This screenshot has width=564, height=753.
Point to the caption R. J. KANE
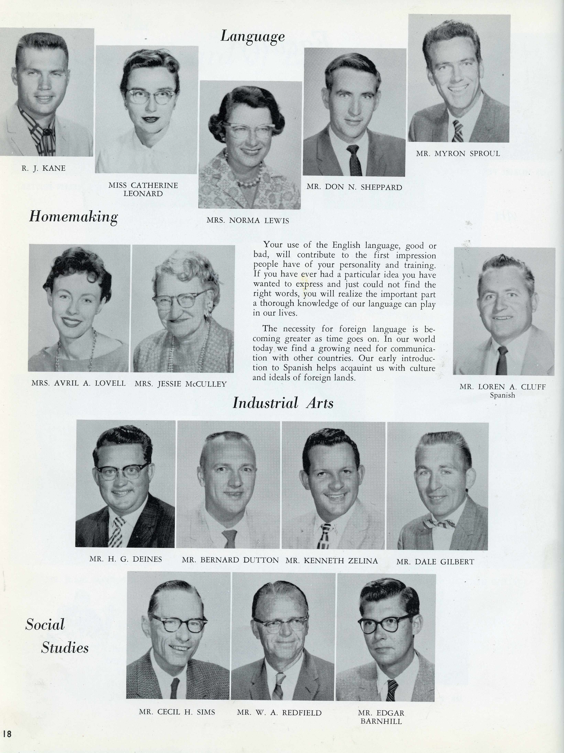click(44, 168)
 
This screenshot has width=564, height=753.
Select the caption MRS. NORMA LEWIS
click(248, 221)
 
